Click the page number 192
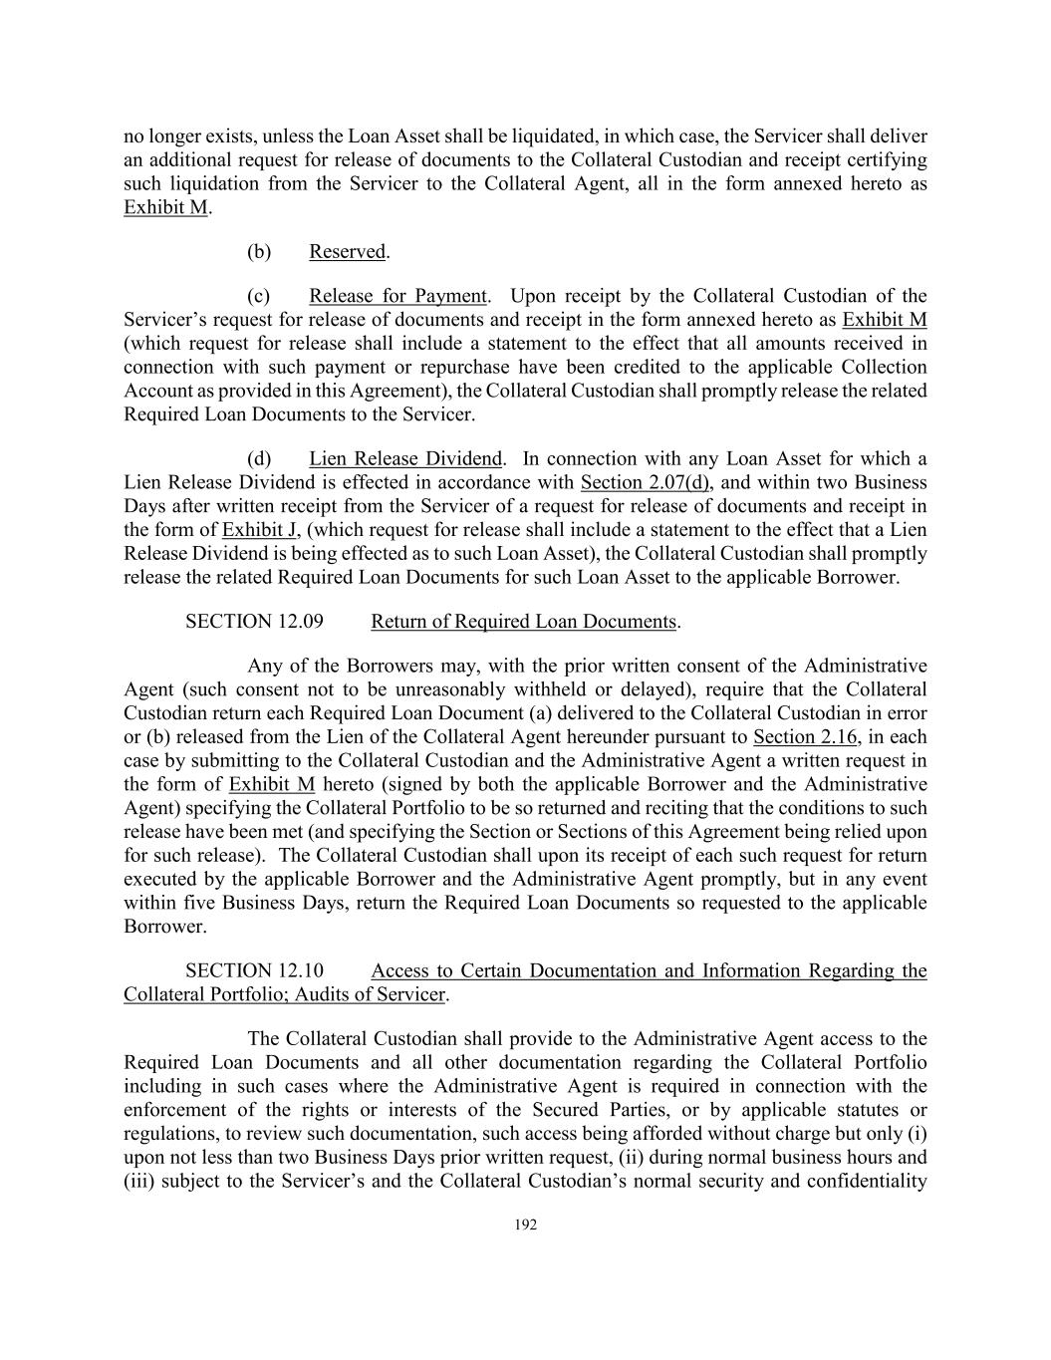525,1225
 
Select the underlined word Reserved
347,251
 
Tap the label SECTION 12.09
254,622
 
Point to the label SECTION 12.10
254,970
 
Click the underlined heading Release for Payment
397,296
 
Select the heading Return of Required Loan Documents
523,622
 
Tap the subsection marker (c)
259,296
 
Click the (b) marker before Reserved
259,251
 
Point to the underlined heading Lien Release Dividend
405,459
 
